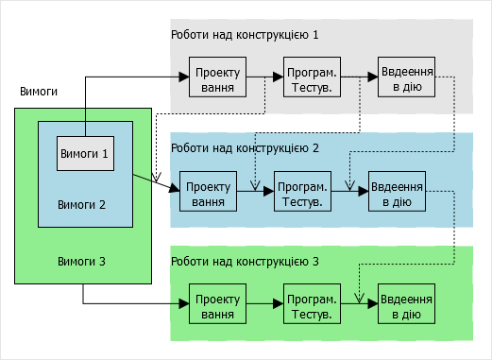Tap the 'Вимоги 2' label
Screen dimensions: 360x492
coord(82,203)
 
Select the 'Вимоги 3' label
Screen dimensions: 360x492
coord(82,260)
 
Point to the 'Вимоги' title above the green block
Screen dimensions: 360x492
coord(39,92)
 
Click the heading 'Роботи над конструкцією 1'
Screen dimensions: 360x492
coord(245,35)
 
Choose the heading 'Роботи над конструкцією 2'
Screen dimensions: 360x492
coord(245,148)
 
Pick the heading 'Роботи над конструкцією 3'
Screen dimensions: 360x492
coord(245,261)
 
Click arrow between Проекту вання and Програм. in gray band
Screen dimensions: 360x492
coord(264,77)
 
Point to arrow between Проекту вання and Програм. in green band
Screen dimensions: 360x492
coord(264,303)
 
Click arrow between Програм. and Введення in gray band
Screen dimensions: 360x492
coord(359,77)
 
